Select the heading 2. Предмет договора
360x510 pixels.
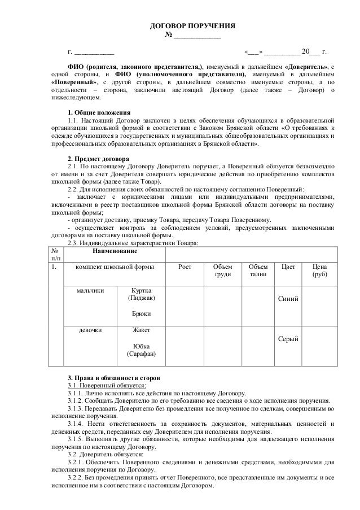tap(97, 158)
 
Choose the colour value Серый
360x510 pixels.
tap(288, 338)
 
